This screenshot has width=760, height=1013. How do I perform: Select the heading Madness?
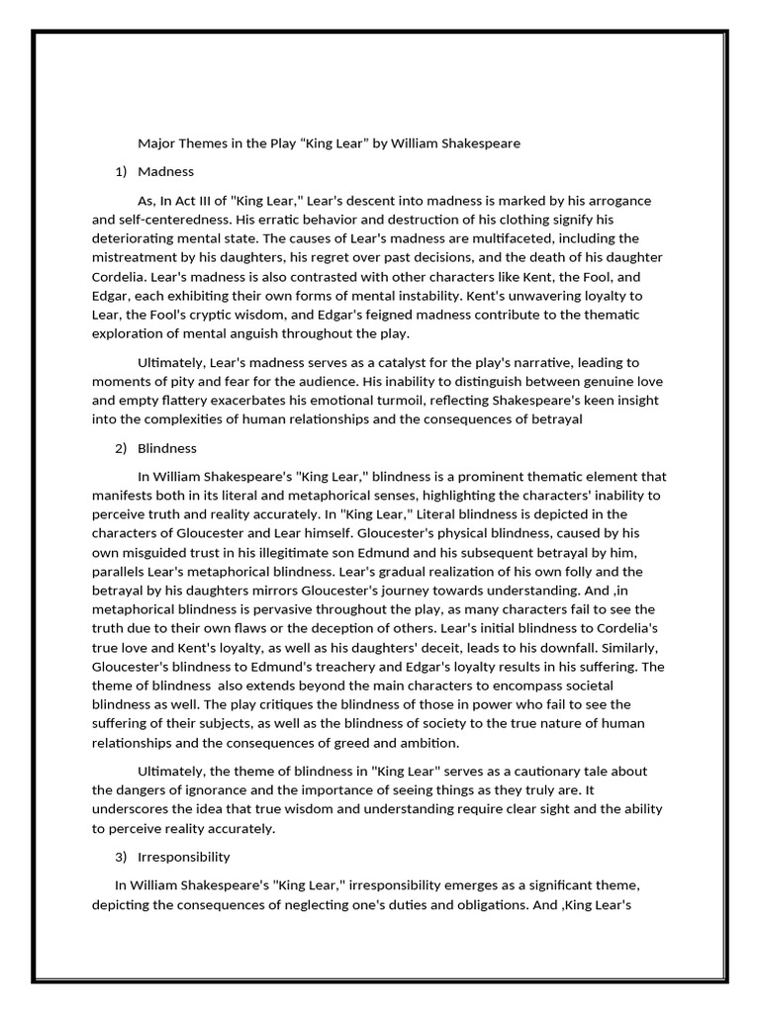pyautogui.click(x=166, y=172)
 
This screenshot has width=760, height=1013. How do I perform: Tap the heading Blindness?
pyautogui.click(x=168, y=448)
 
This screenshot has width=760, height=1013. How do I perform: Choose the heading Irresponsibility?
pyautogui.click(x=184, y=856)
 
